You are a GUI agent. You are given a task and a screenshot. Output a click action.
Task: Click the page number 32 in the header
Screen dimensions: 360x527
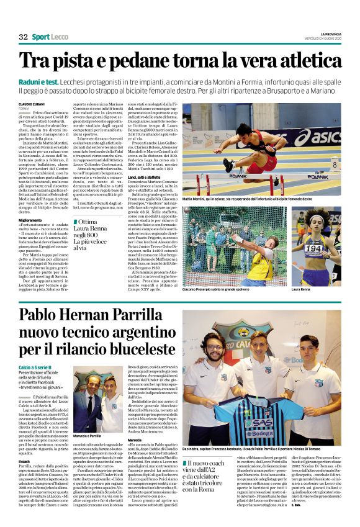[x=24, y=37]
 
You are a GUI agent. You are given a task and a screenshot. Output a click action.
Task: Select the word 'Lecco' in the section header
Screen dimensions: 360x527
[x=60, y=37]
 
